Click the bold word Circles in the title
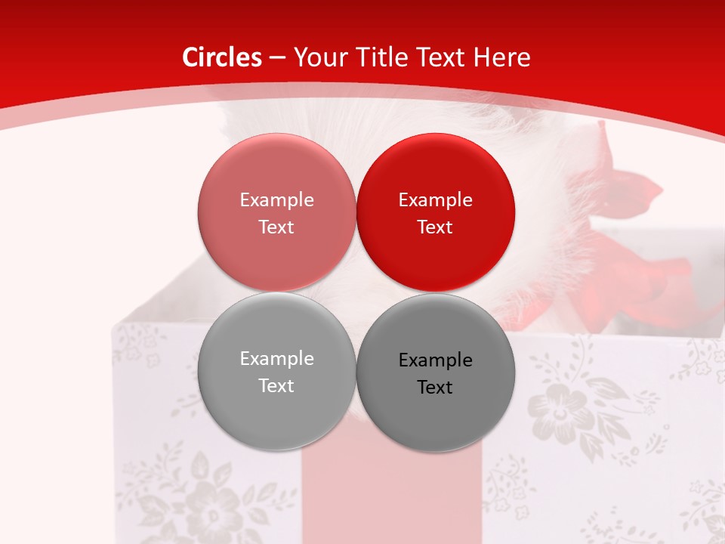222,57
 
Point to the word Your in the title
318,57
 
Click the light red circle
276,212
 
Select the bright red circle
435,212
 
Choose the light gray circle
276,371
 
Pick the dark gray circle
435,372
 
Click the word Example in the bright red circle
435,199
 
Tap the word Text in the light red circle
276,227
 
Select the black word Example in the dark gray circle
435,360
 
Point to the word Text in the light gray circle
276,385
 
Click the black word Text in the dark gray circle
435,387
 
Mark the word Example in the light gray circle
276,358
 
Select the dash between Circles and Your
277,57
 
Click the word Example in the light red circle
276,199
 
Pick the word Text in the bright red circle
435,227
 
